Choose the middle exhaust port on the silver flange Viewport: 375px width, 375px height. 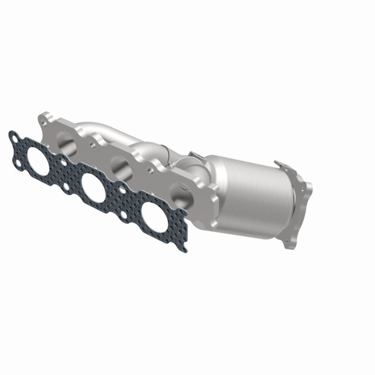[x=119, y=165]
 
